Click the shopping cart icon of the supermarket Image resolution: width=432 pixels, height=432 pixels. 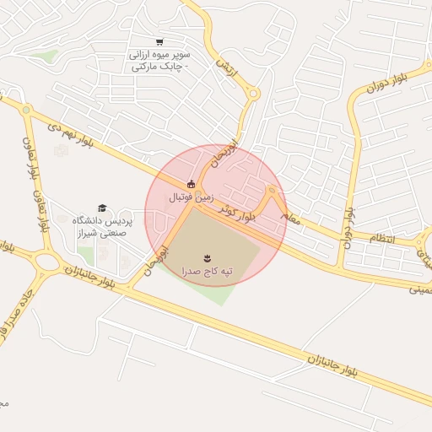159,42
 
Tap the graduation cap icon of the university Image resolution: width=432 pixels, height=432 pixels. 103,208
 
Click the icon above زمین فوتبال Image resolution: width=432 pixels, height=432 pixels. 192,184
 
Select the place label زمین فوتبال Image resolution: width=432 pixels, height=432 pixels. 186,197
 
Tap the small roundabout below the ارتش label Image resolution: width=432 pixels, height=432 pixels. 253,94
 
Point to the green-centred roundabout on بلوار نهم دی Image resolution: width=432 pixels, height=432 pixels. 26,110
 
